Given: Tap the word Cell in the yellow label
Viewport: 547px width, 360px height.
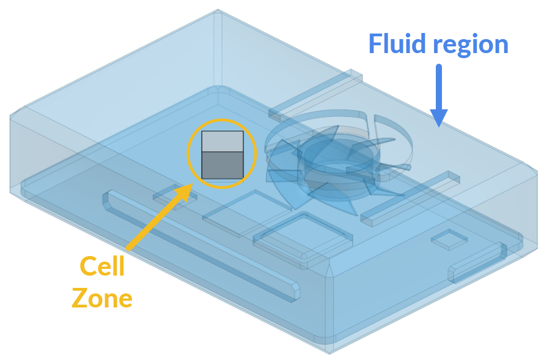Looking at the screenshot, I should tap(102, 267).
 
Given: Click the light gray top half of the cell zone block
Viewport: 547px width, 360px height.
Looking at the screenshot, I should tap(222, 141).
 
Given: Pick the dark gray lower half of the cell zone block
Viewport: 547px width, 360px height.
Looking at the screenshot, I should tap(222, 165).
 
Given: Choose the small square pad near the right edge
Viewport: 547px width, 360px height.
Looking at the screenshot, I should tap(449, 239).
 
